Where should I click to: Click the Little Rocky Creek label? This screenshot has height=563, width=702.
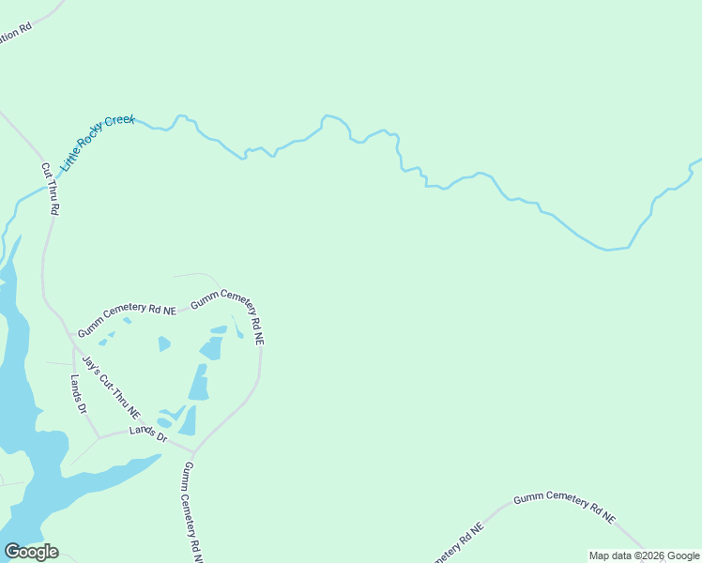point(99,142)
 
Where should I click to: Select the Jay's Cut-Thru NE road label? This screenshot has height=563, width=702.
point(111,387)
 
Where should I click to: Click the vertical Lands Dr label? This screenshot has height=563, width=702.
point(79,395)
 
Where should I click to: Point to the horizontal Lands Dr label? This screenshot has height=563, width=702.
point(148,437)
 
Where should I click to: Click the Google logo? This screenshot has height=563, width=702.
point(31,552)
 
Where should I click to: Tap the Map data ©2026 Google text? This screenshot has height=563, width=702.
point(644,555)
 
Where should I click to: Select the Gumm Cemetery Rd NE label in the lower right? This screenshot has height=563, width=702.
point(564,506)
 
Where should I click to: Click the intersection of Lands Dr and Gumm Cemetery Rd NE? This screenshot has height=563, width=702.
point(193,451)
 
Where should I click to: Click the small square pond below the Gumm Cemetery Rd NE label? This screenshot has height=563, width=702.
point(164,344)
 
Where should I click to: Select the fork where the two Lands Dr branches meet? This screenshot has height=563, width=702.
point(99,437)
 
